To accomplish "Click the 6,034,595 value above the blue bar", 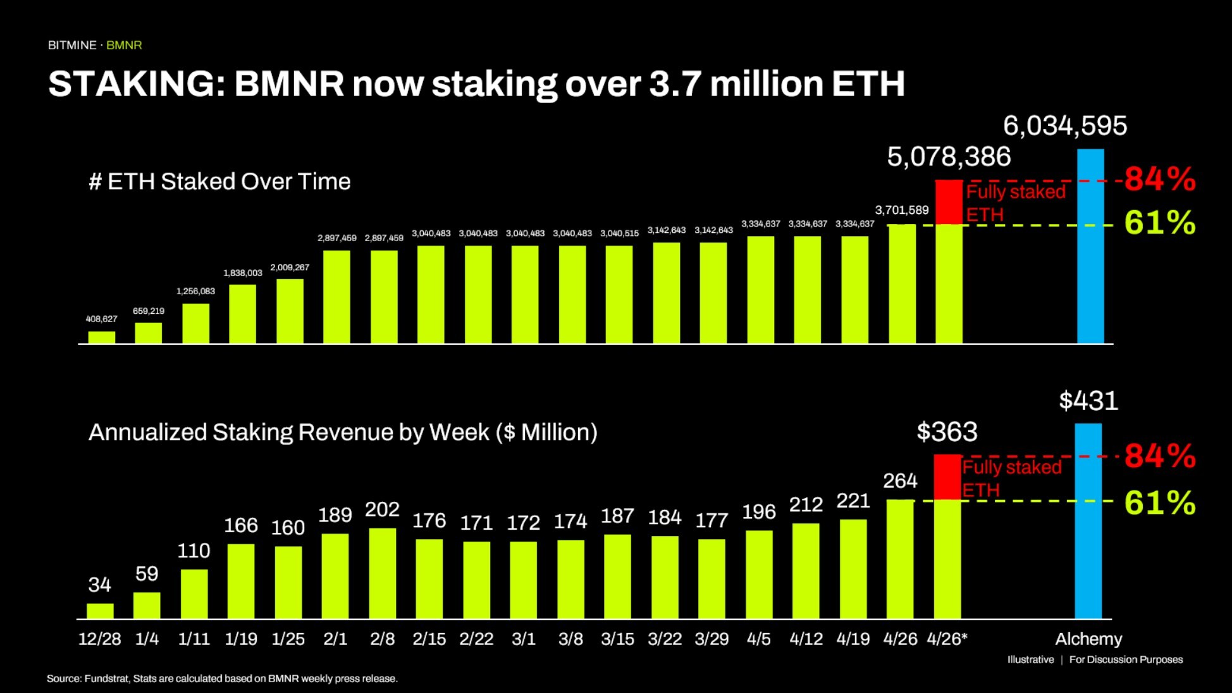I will click(1065, 126).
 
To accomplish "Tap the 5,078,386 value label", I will click(949, 157).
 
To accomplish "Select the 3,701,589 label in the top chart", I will click(901, 210).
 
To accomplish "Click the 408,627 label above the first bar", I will click(101, 319).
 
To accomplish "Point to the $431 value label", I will click(1088, 401).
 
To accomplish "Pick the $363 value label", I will click(947, 432).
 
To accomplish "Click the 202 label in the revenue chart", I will click(382, 509).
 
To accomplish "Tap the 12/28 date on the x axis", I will click(99, 639).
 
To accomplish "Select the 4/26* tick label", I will click(947, 639).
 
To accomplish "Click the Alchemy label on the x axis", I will click(1088, 639).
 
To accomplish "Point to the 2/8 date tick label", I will click(382, 639).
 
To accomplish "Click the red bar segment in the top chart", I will click(949, 202).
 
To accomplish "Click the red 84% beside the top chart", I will click(1160, 179).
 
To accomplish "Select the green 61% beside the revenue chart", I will click(1160, 503).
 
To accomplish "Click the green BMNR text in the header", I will click(124, 46).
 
